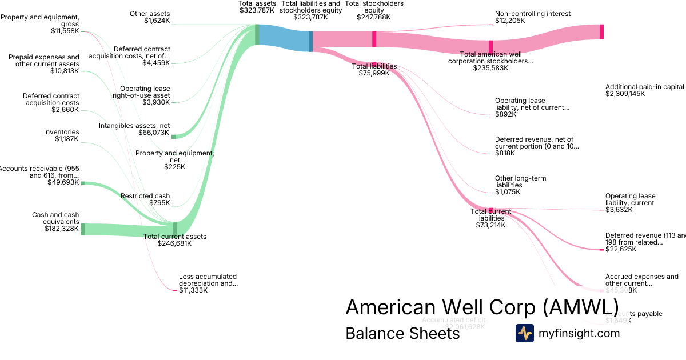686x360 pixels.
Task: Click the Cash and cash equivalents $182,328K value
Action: (x=62, y=229)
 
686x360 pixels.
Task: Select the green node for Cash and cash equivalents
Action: (x=82, y=229)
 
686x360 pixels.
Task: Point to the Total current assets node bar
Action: (x=175, y=228)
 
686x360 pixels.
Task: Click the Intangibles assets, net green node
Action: (x=173, y=137)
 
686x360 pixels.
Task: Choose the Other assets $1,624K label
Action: (x=149, y=17)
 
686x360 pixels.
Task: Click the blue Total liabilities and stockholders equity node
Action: (x=311, y=41)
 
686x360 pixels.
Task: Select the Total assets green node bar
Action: (x=257, y=34)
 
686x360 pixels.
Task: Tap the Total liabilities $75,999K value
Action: (x=374, y=73)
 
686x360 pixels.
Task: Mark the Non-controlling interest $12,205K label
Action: (x=525, y=17)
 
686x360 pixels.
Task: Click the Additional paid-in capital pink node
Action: (x=601, y=32)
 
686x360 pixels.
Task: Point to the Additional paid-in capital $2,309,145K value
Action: (x=625, y=94)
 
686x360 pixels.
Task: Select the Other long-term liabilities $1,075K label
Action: (x=520, y=185)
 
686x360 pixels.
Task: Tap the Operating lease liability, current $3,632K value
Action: (x=619, y=210)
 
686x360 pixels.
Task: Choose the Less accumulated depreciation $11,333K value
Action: (x=193, y=290)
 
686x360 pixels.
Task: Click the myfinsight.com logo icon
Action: (x=524, y=333)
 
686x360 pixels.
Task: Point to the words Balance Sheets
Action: (x=402, y=333)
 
